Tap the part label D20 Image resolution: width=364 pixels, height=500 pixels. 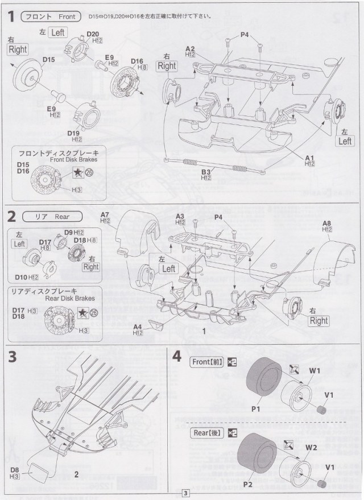pos(94,35)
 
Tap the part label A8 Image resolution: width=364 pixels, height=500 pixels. pos(327,223)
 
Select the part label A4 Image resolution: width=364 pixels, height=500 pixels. pos(137,327)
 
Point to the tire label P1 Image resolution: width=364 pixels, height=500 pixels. pos(255,407)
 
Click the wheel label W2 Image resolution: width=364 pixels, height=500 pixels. pos(310,447)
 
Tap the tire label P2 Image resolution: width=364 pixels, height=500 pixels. pos(248,484)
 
